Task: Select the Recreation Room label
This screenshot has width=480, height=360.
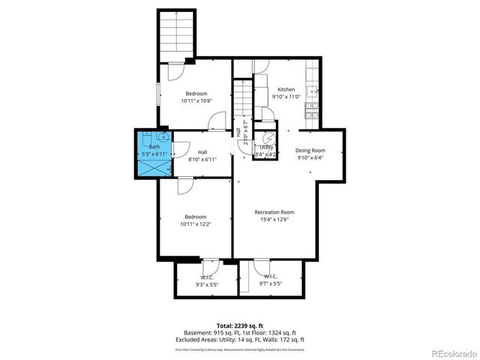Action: (x=274, y=211)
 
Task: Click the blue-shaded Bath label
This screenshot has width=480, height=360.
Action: (x=153, y=147)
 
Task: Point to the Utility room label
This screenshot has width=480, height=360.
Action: (x=266, y=148)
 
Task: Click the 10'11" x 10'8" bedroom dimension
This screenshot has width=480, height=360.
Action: (x=196, y=100)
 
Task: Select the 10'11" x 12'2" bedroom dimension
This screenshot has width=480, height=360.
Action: (x=196, y=223)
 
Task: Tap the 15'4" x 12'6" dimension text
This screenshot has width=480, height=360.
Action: (x=274, y=219)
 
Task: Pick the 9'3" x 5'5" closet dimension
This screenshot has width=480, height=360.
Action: (x=208, y=284)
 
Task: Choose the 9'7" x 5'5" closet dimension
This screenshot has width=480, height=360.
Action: (x=271, y=284)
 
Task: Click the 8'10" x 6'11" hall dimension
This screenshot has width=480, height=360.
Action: (x=202, y=159)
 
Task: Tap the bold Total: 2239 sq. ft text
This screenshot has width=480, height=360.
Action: (x=240, y=325)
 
